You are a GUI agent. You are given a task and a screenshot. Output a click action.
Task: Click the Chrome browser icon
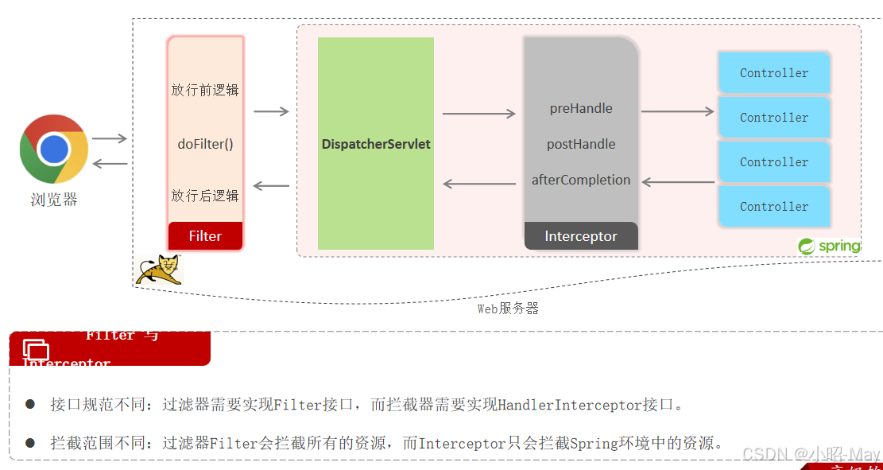[x=54, y=149]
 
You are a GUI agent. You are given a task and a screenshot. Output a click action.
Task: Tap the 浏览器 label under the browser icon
[x=54, y=200]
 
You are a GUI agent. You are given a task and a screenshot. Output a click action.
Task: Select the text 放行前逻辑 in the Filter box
[x=205, y=90]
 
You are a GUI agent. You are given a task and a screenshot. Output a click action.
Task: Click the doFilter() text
[x=205, y=144]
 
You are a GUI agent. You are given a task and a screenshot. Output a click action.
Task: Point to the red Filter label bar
[x=205, y=236]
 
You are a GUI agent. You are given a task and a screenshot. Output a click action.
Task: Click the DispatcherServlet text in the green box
[x=376, y=144]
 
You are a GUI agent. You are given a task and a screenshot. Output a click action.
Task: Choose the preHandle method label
[x=581, y=108]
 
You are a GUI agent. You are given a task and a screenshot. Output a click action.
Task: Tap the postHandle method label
[x=581, y=144]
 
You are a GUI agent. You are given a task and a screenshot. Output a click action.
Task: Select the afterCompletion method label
[x=581, y=180]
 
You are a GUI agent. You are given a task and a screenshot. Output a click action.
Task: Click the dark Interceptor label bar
[x=581, y=236]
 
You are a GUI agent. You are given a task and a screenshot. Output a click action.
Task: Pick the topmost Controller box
[x=774, y=73]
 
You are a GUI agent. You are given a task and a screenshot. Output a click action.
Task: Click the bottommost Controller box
[x=774, y=207]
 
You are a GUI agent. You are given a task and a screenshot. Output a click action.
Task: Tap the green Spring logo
[x=829, y=247]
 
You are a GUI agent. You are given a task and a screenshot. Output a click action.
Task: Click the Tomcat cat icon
[x=160, y=270]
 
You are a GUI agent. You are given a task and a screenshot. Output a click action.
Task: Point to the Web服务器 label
[x=508, y=309]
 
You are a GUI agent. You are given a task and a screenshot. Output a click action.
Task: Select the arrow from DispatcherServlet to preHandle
[x=478, y=114]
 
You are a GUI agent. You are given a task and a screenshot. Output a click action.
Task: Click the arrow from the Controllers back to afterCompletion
[x=678, y=182]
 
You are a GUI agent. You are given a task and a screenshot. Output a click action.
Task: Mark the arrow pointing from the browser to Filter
[x=110, y=138]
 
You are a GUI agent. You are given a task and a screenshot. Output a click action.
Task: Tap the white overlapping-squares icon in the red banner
[x=36, y=349]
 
